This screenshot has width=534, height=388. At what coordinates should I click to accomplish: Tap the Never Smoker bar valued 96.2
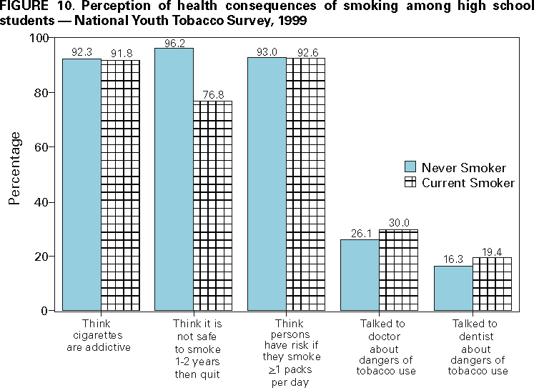[x=174, y=179]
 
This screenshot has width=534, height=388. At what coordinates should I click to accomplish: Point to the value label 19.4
[x=493, y=252]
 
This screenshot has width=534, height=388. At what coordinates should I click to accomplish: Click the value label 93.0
[x=267, y=51]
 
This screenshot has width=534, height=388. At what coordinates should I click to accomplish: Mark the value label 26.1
[x=360, y=234]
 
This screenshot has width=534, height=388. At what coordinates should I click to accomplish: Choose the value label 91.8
[x=120, y=53]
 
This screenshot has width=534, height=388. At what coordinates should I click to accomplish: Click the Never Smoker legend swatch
[x=410, y=167]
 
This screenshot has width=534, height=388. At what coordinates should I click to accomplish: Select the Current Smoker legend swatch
[x=410, y=183]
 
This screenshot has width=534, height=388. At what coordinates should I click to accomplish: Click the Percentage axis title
[x=15, y=169]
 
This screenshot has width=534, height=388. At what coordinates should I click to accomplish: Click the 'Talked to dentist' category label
[x=478, y=347]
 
